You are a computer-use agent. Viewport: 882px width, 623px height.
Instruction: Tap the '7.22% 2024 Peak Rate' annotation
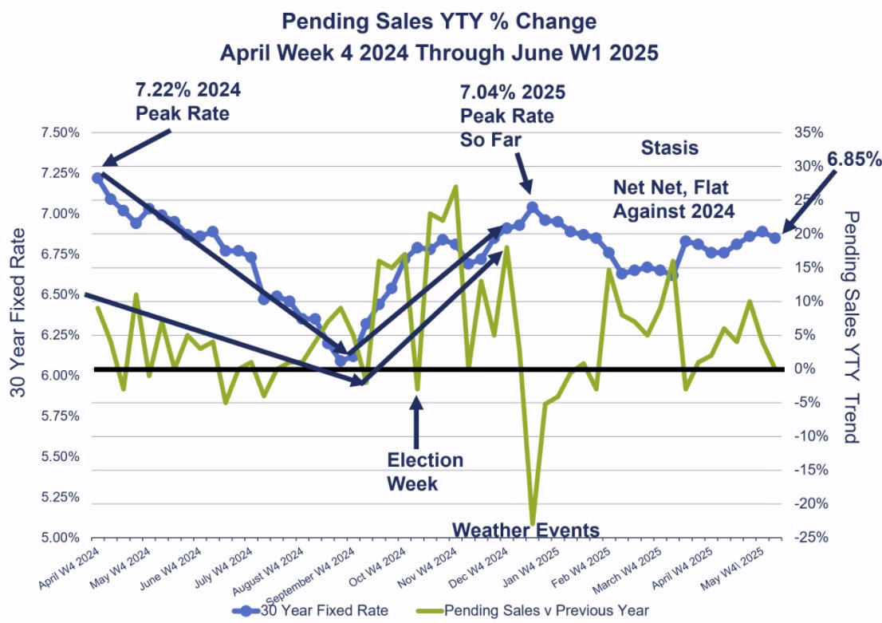187,101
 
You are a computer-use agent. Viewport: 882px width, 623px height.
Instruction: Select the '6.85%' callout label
853,160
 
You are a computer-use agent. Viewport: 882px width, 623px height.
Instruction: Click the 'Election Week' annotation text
424,471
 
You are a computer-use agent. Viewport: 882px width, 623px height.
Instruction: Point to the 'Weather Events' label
526,530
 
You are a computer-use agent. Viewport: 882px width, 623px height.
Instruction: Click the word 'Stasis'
669,148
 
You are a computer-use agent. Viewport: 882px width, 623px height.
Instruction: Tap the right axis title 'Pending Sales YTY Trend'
851,327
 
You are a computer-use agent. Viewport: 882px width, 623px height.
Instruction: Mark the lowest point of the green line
532,523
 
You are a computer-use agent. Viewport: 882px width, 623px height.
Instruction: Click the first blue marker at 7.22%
98,178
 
